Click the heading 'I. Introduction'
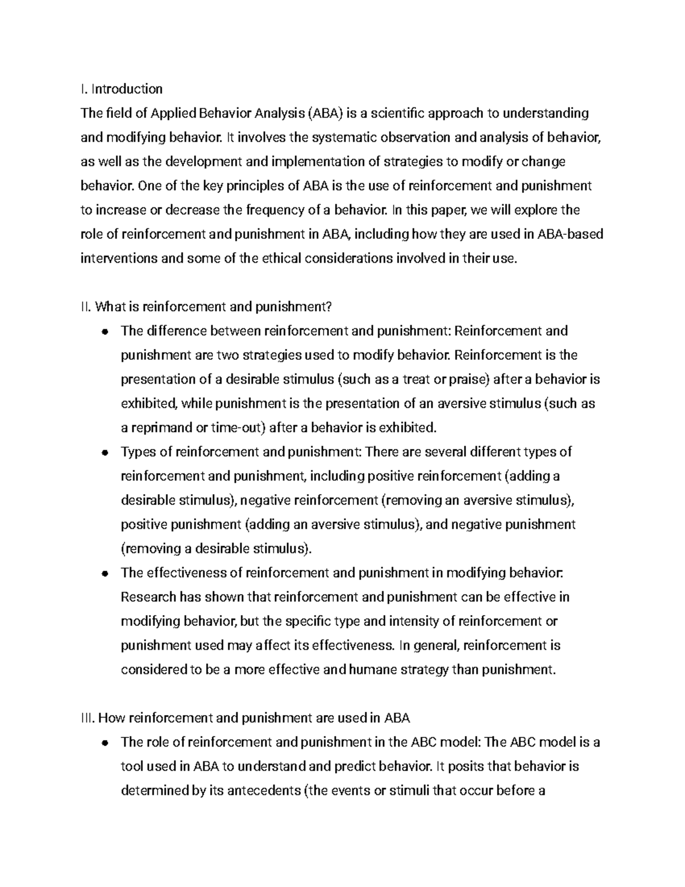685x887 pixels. pyautogui.click(x=122, y=89)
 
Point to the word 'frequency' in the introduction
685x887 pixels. pyautogui.click(x=276, y=210)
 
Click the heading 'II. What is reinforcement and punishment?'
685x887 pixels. pyautogui.click(x=206, y=307)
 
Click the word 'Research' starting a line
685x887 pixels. pyautogui.click(x=148, y=597)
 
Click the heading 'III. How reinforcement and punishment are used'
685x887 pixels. pyautogui.click(x=246, y=718)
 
